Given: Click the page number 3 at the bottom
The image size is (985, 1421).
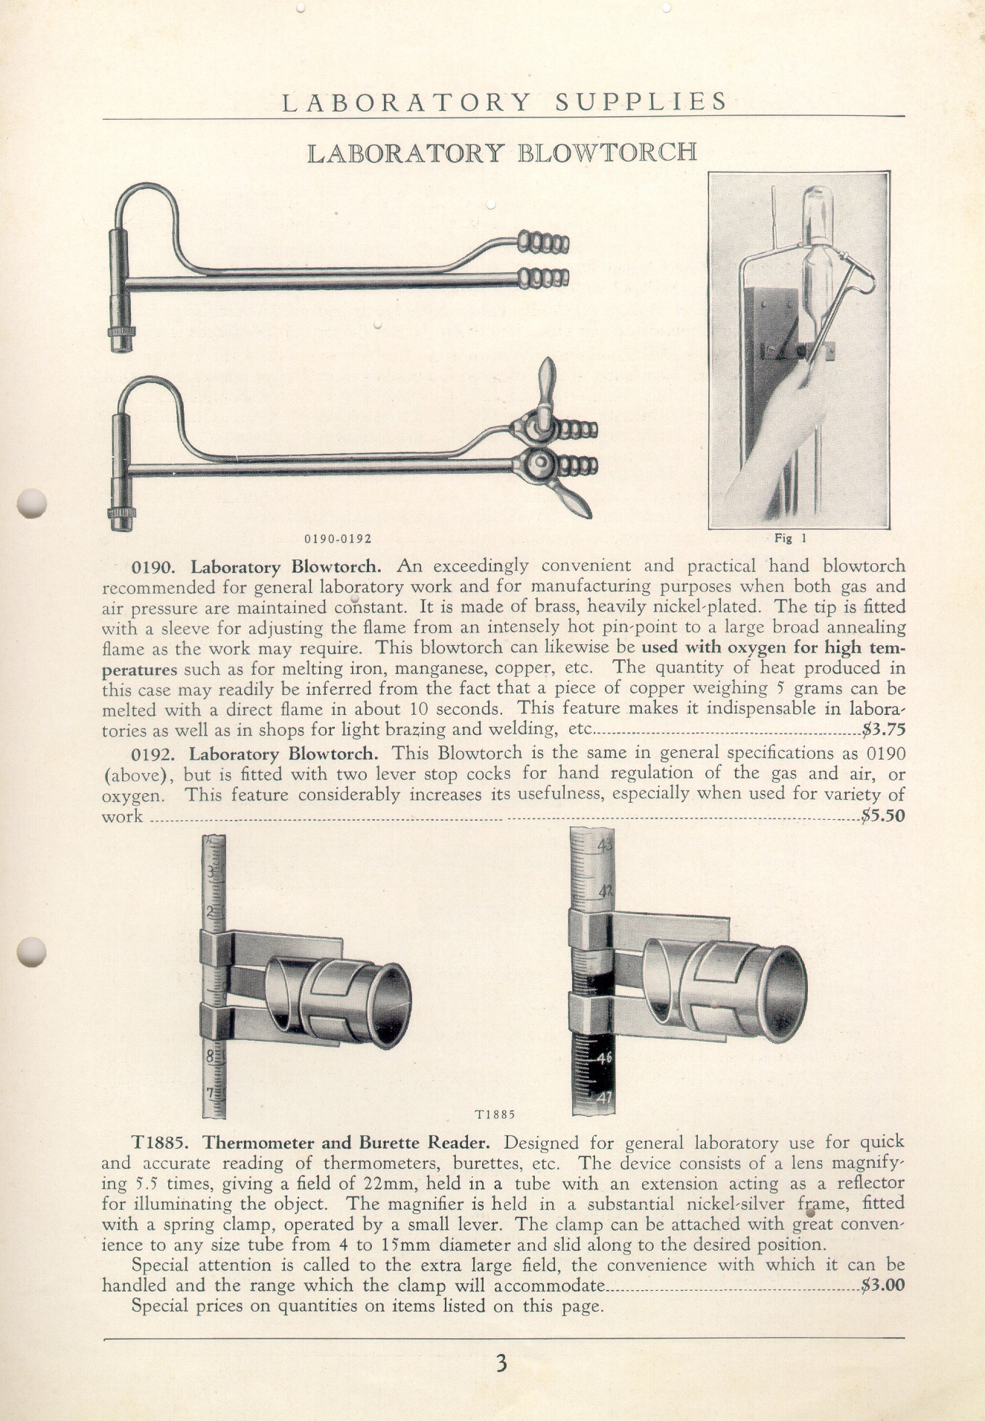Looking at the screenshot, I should [x=501, y=1363].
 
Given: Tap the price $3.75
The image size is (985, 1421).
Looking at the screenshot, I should [x=883, y=729].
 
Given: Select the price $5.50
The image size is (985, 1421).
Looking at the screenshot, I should [x=883, y=815].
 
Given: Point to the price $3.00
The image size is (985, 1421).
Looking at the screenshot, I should [x=883, y=1285].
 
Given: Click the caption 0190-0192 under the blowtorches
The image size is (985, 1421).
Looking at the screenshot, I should [x=337, y=538].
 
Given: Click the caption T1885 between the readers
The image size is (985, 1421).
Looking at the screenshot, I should [x=495, y=1114].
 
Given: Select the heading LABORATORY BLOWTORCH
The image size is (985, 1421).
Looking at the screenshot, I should [x=502, y=153].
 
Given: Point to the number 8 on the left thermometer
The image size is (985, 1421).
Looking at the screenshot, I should [x=211, y=1055].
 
